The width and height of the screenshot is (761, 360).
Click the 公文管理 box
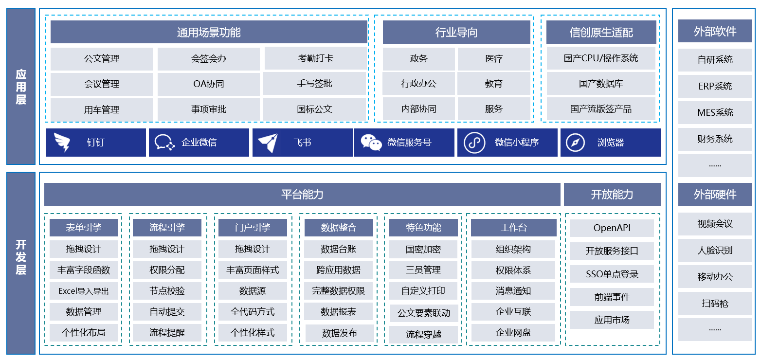point(102,59)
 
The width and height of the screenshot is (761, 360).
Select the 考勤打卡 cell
point(316,58)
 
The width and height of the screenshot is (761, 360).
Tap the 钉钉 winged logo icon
point(62,143)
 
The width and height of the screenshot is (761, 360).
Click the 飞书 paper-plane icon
point(268,143)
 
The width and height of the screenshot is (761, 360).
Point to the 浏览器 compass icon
point(575,143)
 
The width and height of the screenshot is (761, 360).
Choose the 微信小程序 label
point(517,143)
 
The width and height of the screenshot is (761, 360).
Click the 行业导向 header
point(456,33)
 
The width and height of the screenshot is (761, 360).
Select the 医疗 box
point(494,59)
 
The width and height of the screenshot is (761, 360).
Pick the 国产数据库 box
point(601,84)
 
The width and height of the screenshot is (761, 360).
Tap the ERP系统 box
point(715,86)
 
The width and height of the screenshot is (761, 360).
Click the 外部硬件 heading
point(715,195)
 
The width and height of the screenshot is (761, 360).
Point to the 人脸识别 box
point(715,251)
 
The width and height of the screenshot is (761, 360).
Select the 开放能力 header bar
point(612,195)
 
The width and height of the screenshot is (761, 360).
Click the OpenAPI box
point(612,228)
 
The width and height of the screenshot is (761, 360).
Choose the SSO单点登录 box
point(612,274)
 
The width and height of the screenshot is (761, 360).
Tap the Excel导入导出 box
point(84,291)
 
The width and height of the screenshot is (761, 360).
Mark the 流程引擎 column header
point(167,227)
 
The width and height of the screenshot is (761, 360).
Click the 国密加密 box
point(423,249)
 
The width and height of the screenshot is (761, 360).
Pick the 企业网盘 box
point(513,333)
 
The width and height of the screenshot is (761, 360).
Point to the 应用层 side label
point(21,87)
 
